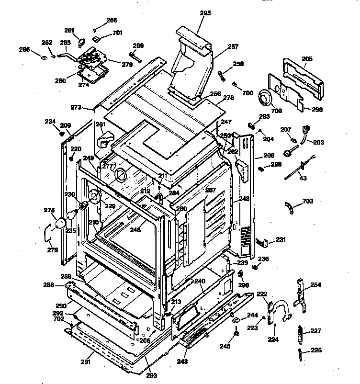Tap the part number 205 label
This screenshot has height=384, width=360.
(307, 59)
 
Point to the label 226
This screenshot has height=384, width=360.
(316, 350)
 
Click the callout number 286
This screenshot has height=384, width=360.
(24, 49)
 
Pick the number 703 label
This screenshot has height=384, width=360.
(308, 202)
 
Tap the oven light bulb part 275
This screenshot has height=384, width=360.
(61, 223)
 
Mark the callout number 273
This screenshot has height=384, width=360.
(76, 107)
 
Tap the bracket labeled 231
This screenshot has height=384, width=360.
(263, 243)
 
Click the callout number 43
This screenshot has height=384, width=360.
(303, 178)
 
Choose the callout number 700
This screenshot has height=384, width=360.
(248, 93)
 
